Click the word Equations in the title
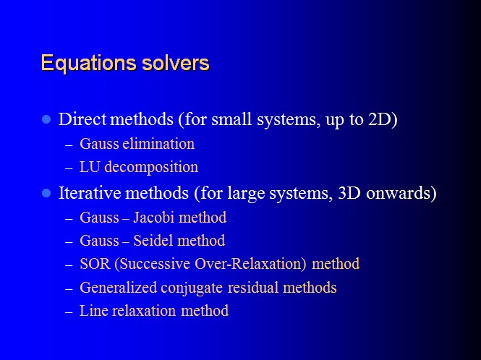(x=89, y=64)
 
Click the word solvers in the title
(x=176, y=63)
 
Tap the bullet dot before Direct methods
(x=46, y=119)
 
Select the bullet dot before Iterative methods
(x=46, y=193)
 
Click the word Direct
(x=82, y=119)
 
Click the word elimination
(x=158, y=144)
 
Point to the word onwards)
(x=401, y=194)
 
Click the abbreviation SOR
(x=95, y=264)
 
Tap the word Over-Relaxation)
(x=250, y=264)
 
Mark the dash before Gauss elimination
(x=69, y=145)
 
